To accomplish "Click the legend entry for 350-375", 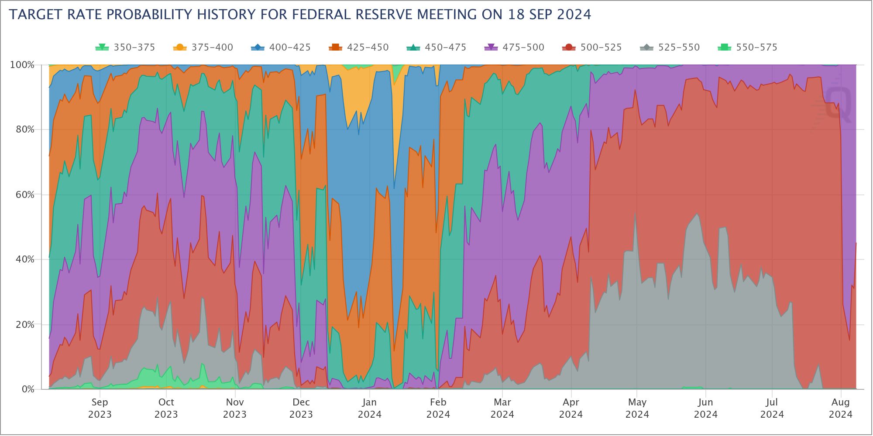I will pos(126,48).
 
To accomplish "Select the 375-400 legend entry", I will pos(203,48).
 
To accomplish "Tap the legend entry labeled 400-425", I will pos(281,48).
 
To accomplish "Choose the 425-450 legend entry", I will pos(359,48).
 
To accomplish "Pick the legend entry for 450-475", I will pos(436,48).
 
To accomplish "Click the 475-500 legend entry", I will pos(515,48).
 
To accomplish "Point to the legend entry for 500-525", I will pos(592,48).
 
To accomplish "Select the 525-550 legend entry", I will pos(670,48).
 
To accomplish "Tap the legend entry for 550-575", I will pos(748,48).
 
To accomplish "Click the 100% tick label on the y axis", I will pos(22,65).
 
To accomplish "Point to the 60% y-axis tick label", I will pos(24,194).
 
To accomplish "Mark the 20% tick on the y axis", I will pos(24,324).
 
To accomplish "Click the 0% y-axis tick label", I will pos(27,389).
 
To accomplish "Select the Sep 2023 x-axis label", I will pos(100,408).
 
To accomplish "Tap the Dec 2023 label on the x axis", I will pos(301,408).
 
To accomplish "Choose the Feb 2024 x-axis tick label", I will pos(438,408).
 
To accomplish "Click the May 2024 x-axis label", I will pos(637,408).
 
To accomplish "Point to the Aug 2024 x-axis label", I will pos(840,408).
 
